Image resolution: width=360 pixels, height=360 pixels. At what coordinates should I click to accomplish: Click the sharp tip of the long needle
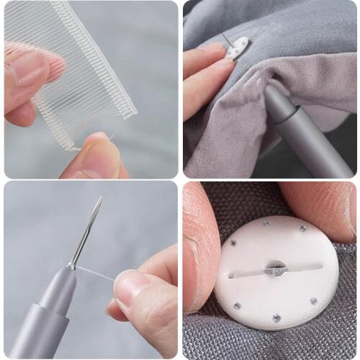(x=100, y=197)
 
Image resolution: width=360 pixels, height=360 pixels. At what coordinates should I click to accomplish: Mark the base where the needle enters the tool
(x=71, y=266)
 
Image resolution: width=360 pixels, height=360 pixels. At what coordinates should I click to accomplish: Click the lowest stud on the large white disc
(x=276, y=318)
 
